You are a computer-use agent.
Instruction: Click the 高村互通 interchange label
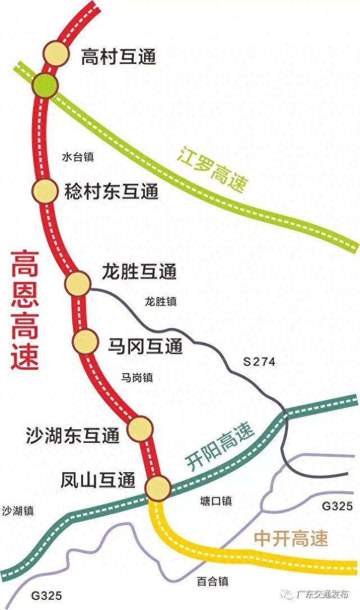(x=118, y=56)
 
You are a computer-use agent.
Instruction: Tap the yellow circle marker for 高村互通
(x=56, y=55)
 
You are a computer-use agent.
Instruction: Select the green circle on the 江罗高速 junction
(x=44, y=84)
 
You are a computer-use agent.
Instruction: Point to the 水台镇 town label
(x=78, y=157)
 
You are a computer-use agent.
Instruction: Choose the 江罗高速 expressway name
(x=212, y=170)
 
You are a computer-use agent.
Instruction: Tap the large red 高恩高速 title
(x=25, y=310)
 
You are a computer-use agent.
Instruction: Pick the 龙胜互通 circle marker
(x=78, y=284)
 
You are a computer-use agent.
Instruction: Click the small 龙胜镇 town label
(x=160, y=302)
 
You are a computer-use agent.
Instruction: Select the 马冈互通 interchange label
(x=145, y=346)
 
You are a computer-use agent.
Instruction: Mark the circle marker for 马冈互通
(x=85, y=342)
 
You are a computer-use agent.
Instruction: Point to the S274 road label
(x=259, y=362)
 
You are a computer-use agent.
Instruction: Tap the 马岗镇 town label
(x=137, y=378)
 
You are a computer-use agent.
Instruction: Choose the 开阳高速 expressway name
(x=219, y=446)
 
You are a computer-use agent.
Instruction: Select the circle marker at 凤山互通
(x=158, y=487)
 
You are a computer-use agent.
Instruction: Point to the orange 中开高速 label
(x=291, y=539)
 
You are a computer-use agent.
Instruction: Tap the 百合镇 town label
(x=212, y=582)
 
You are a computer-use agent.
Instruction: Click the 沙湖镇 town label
(x=17, y=511)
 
